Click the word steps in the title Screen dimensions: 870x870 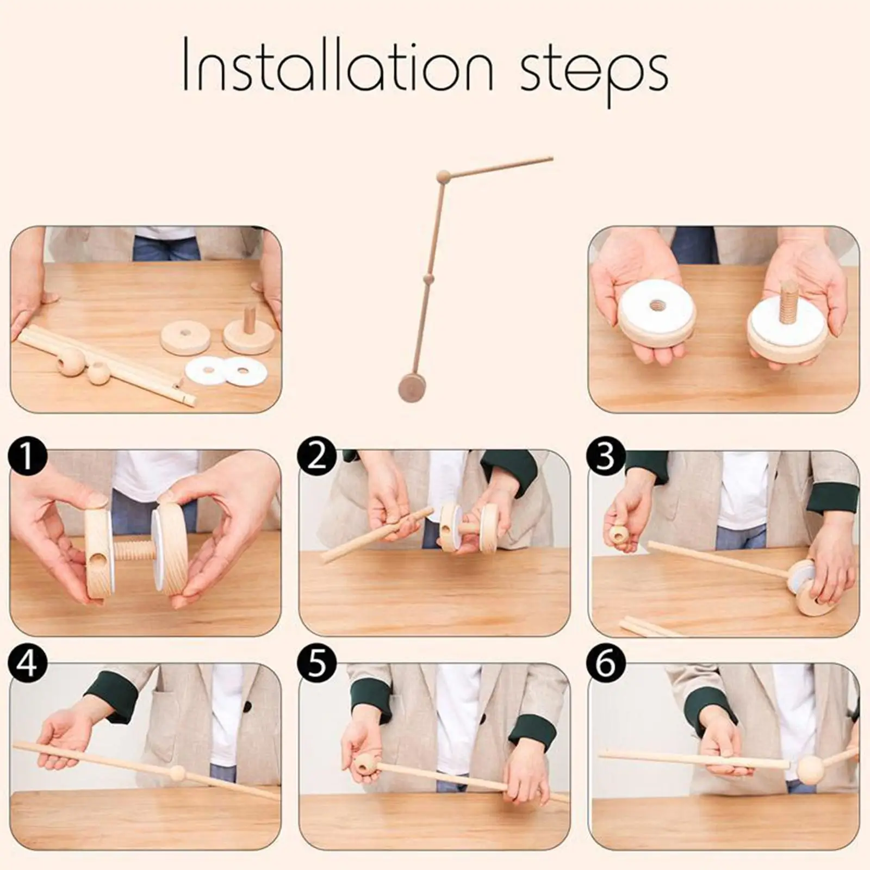[594, 76]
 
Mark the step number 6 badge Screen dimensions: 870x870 [605, 664]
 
